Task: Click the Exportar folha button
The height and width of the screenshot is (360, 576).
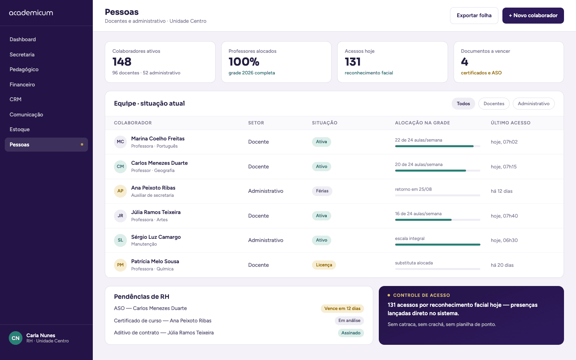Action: (474, 16)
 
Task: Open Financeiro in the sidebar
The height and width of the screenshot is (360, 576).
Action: (22, 84)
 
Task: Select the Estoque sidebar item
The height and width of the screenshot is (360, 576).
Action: (20, 129)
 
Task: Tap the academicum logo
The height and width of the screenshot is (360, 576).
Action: (31, 13)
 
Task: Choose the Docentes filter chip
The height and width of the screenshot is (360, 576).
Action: (494, 104)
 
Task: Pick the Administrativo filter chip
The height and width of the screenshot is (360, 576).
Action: (534, 104)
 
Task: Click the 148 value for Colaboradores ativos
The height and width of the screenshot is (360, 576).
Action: (122, 62)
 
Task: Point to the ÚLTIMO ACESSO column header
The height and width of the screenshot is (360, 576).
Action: (510, 123)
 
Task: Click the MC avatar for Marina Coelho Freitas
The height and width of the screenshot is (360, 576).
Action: (120, 142)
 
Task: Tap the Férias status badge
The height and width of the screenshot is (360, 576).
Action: (322, 191)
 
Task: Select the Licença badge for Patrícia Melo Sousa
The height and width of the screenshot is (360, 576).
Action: (324, 265)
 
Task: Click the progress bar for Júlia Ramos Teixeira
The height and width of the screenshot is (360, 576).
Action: (438, 220)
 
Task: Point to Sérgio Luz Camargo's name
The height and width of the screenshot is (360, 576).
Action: (156, 237)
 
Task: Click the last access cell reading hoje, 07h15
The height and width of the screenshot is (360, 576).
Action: (504, 167)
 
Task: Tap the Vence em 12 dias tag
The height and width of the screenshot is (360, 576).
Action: (342, 308)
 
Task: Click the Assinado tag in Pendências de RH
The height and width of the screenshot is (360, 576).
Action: (351, 333)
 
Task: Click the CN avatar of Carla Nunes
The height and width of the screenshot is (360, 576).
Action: (16, 338)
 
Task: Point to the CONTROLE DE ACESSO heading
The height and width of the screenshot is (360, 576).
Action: (422, 295)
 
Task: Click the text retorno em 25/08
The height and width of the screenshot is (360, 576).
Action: (413, 189)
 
